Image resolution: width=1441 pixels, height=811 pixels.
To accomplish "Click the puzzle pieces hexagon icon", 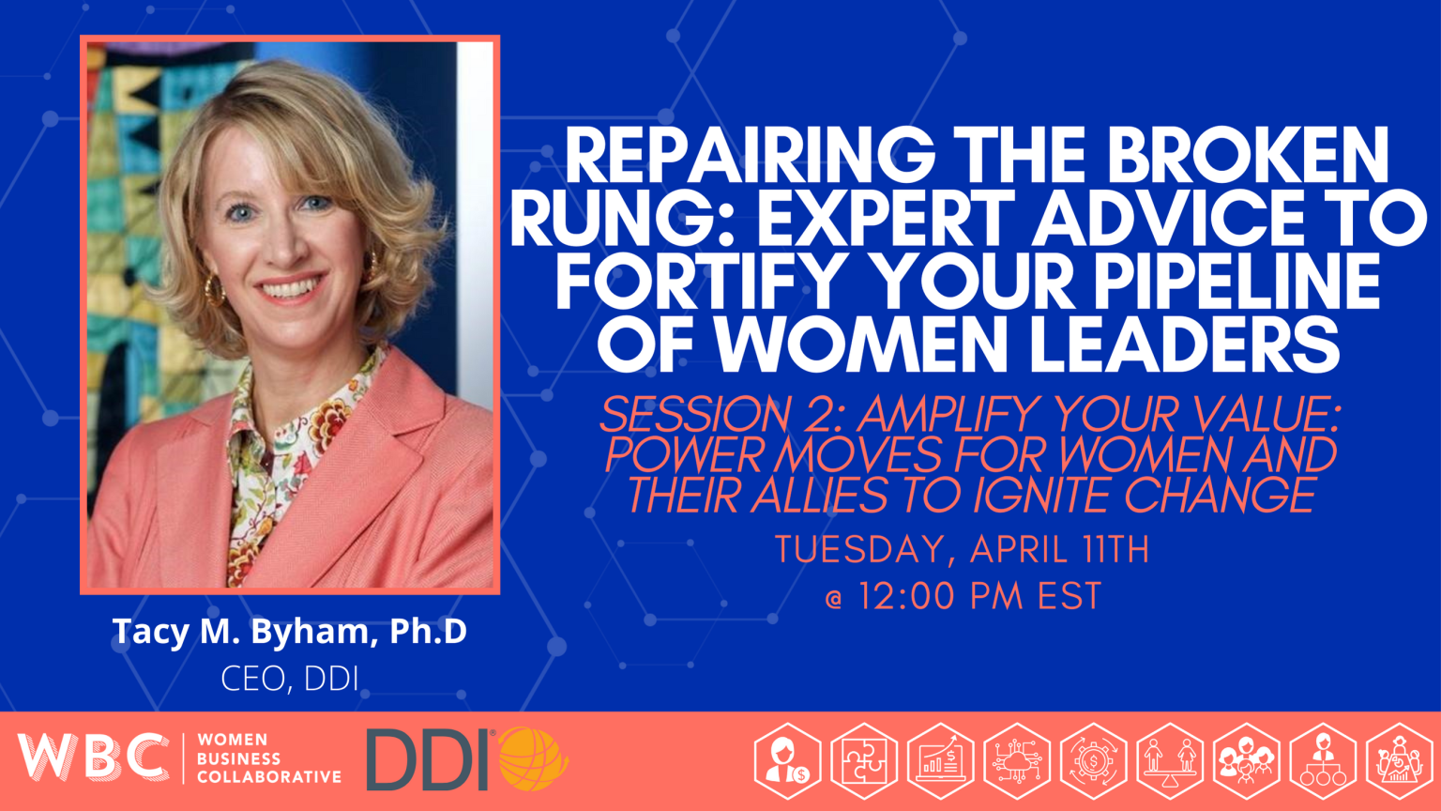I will click(864, 761).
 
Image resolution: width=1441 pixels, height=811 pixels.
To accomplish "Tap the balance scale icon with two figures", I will click(1170, 761).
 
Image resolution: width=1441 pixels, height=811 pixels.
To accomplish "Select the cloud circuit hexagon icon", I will click(1017, 761).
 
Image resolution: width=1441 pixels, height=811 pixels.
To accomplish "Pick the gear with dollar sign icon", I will click(1093, 761).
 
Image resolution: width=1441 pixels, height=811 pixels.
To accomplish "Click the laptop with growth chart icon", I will click(940, 761).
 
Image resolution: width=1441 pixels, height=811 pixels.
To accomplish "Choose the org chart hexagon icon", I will click(1323, 761).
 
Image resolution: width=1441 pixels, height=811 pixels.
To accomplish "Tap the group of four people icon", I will click(1246, 761).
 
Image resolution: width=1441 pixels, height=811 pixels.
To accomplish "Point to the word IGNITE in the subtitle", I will click(1024, 495).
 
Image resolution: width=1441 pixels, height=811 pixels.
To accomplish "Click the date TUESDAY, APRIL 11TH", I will click(963, 550).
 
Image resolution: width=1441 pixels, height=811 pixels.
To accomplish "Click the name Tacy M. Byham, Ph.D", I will click(289, 632).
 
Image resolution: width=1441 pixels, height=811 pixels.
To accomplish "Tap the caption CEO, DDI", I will click(290, 679).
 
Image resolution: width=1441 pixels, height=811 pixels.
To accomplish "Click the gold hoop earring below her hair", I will click(215, 291).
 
